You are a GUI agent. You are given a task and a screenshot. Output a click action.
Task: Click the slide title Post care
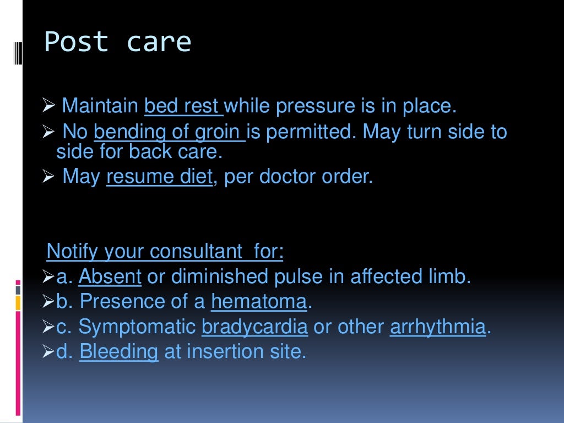[117, 42]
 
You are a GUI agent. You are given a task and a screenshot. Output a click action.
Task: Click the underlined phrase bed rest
[183, 106]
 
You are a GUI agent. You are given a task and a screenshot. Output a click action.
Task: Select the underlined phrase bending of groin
[169, 132]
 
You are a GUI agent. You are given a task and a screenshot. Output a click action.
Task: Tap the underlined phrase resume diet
[159, 177]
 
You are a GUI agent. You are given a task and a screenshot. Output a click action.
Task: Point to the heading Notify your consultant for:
[165, 251]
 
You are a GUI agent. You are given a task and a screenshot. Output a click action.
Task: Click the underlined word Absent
[110, 276]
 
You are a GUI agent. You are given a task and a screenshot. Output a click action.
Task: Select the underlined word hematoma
[259, 301]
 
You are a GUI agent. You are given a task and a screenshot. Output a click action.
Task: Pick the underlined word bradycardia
[254, 327]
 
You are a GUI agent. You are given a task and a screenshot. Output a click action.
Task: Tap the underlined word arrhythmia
[438, 327]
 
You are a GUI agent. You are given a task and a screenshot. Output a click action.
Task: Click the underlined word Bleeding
[119, 351]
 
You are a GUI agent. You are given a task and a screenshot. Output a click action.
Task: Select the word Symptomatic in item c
[137, 327]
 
